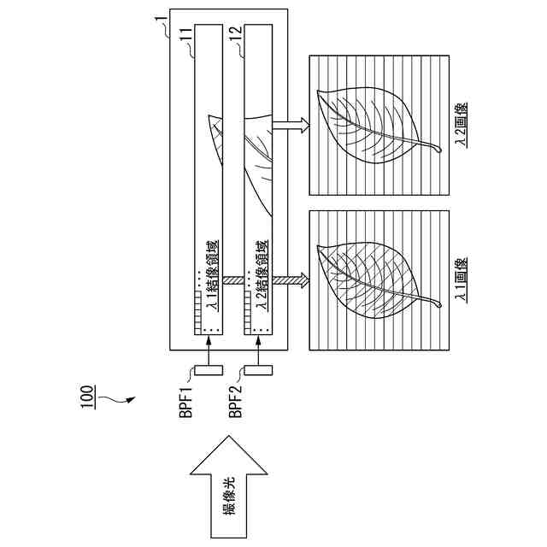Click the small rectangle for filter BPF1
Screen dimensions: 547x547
pos(209,369)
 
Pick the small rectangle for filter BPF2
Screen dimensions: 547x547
pos(259,369)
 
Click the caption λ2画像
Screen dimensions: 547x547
pos(462,126)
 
